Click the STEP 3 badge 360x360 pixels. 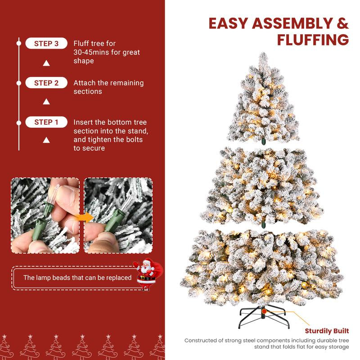pos(46,44)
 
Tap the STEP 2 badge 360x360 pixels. pos(46,83)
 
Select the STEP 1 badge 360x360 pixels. pos(46,122)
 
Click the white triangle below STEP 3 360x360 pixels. pos(46,63)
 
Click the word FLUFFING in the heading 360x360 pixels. pos(313,40)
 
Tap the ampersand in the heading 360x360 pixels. pos(342,23)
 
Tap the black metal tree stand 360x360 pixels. pos(262,314)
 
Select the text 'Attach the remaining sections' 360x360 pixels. pos(108,87)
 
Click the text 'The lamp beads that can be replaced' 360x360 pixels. pos(77,278)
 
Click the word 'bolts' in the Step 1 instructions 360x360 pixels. pos(134,139)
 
